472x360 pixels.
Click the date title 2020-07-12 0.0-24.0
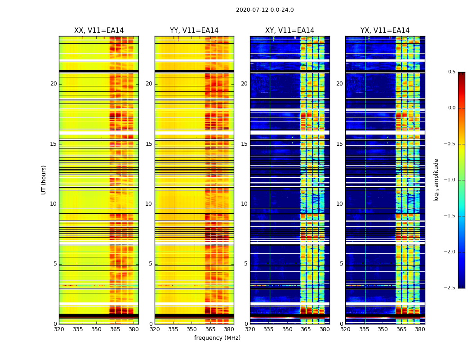pos(265,10)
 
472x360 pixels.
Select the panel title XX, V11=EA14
pos(99,31)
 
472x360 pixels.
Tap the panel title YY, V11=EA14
pos(194,31)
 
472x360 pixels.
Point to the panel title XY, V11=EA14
pos(289,31)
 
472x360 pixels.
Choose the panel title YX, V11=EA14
pos(385,31)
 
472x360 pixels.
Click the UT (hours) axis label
pos(44,180)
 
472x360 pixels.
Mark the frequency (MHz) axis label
pos(217,338)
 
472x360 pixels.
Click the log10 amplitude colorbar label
pos(436,180)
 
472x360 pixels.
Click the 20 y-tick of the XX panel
pos(53,84)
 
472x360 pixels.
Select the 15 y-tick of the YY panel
pos(149,144)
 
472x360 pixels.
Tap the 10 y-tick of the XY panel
pos(244,204)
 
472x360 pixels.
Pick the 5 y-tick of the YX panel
pos(341,264)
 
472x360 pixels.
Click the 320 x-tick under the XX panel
pos(59,329)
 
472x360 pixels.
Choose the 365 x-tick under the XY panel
pos(306,329)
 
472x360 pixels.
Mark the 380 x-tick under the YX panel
pos(420,329)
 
